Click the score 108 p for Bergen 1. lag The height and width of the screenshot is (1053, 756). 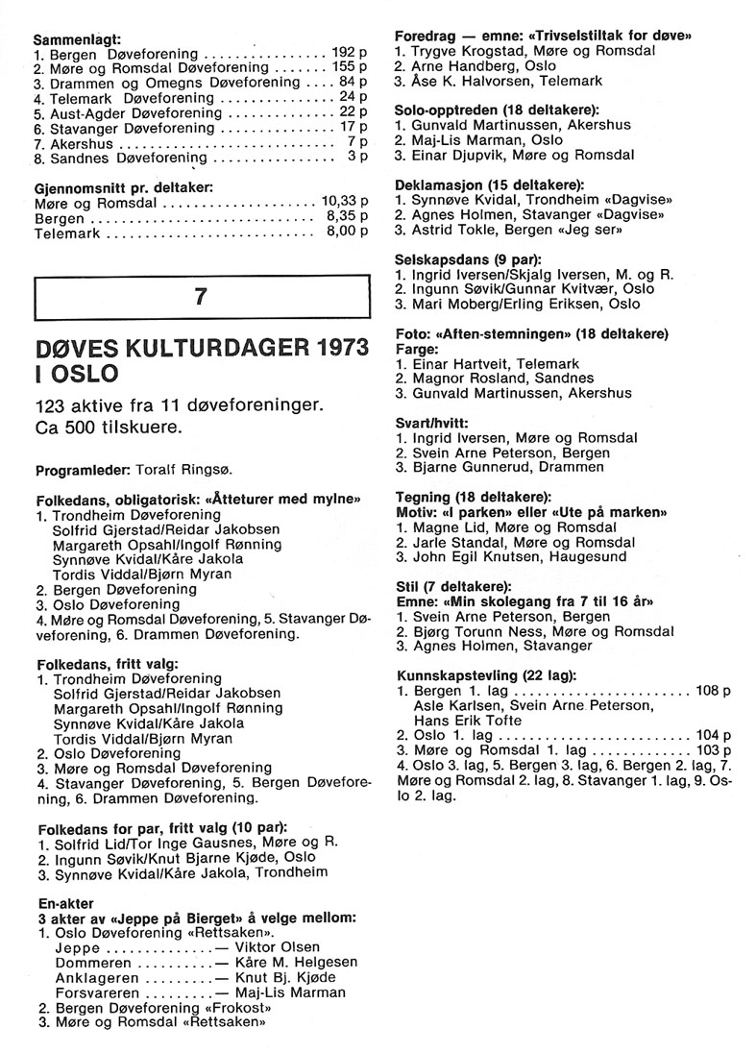tap(713, 690)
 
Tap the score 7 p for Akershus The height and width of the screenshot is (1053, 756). tap(356, 140)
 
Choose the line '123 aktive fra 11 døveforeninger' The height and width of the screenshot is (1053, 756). tap(177, 405)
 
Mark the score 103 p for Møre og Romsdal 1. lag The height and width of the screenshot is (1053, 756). tap(713, 749)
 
